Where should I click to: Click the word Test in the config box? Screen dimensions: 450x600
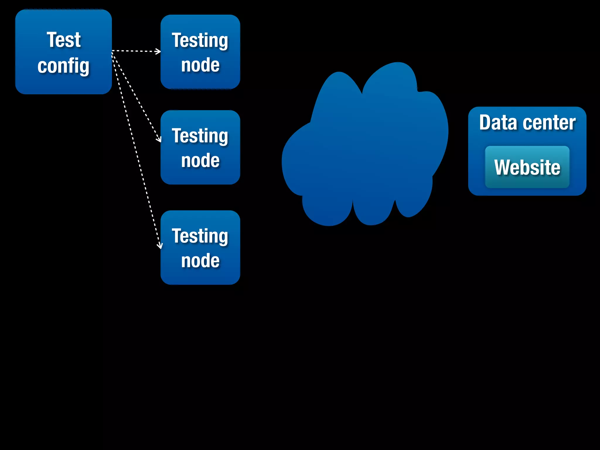click(x=64, y=40)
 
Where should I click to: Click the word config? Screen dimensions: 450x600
click(x=63, y=66)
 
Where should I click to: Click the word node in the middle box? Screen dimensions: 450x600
click(x=200, y=161)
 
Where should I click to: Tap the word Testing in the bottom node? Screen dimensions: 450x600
click(x=200, y=236)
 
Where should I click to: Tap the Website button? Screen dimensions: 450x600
click(x=527, y=167)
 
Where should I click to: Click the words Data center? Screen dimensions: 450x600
click(x=527, y=122)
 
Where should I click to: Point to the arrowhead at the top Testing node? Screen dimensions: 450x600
click(x=159, y=52)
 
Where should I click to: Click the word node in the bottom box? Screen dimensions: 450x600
click(x=200, y=261)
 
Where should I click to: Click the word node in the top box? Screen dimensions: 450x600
click(x=200, y=65)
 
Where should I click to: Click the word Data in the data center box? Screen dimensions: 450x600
click(x=498, y=122)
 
